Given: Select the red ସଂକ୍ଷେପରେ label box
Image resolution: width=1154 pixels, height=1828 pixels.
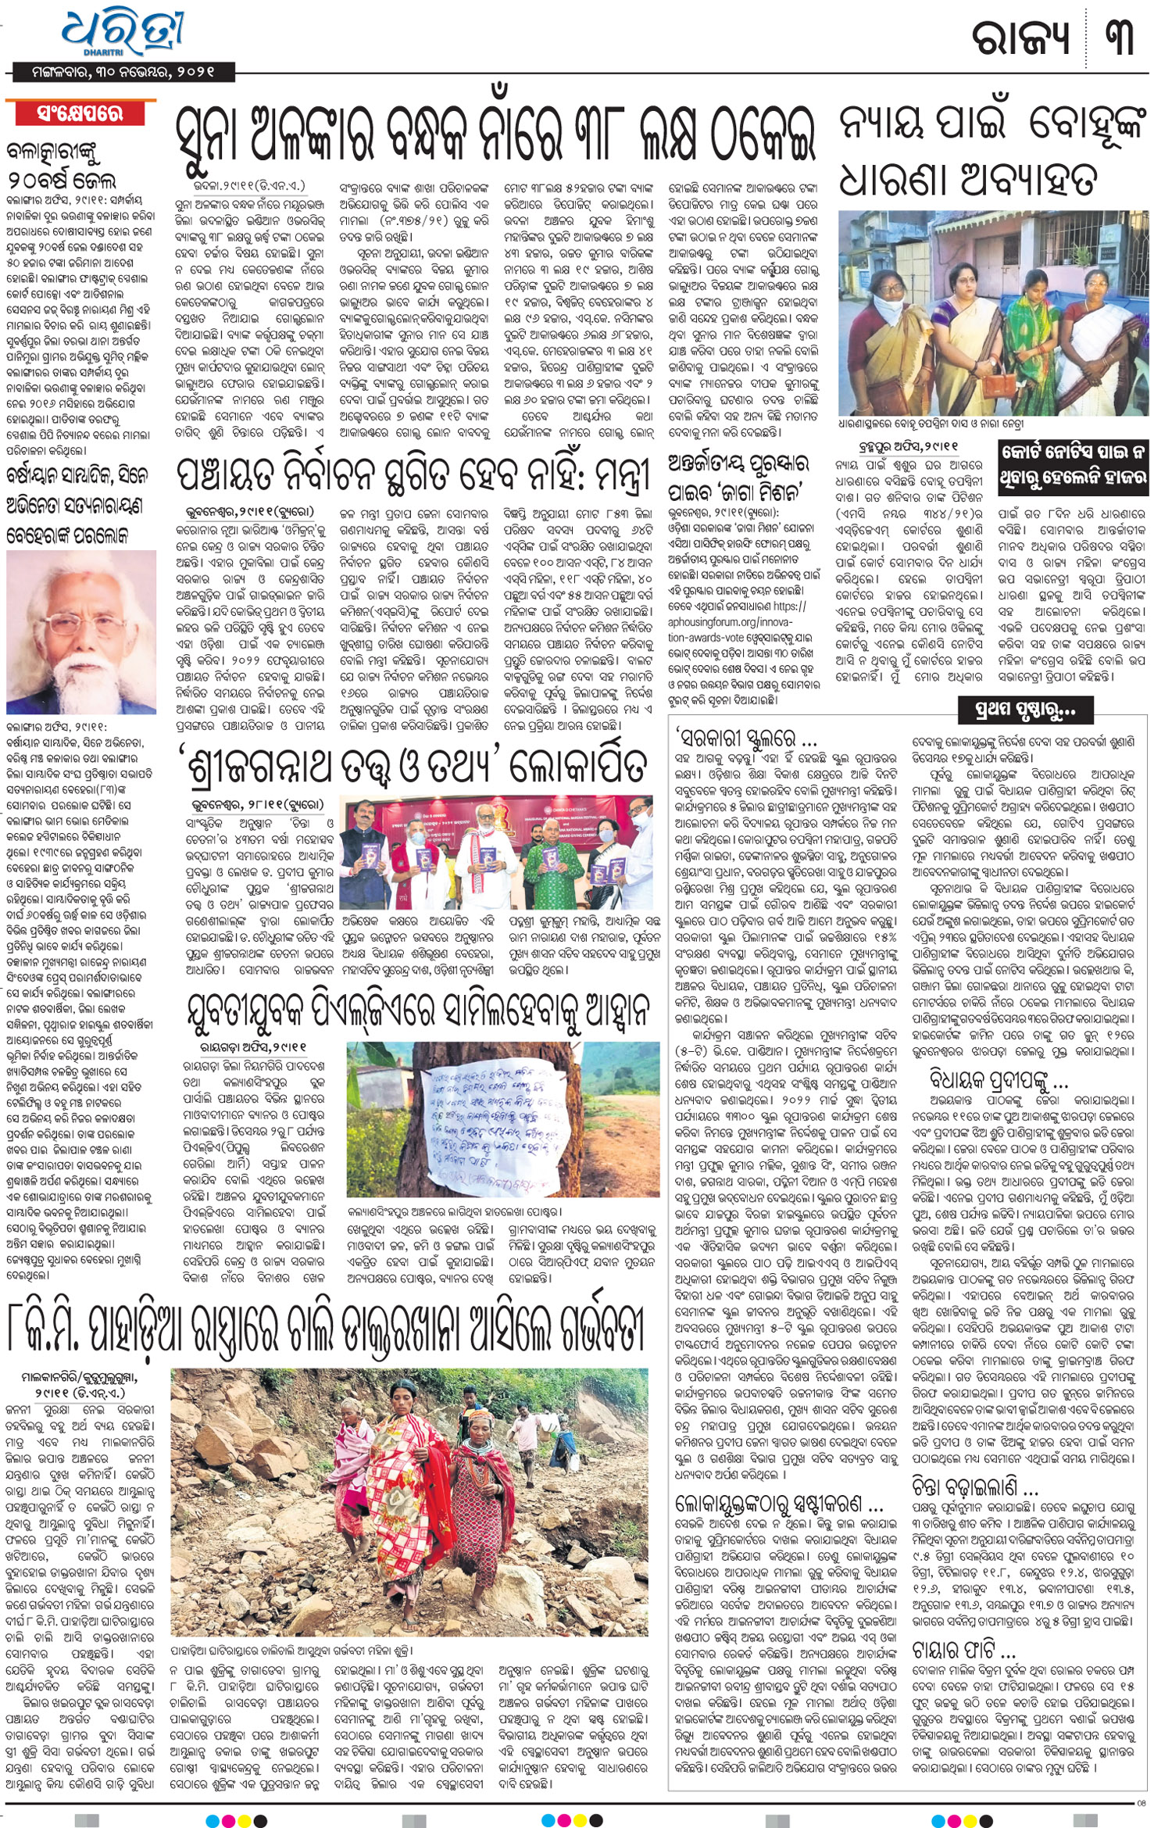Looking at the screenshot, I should (x=80, y=114).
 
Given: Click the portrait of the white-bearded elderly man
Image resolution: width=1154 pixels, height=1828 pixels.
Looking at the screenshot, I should (x=80, y=627).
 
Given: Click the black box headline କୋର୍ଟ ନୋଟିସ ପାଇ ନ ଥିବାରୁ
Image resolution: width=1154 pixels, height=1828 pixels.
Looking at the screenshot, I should (x=1074, y=467).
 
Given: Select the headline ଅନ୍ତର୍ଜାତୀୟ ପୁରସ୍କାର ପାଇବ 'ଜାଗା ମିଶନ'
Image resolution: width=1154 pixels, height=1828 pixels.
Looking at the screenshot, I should (x=738, y=477).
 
